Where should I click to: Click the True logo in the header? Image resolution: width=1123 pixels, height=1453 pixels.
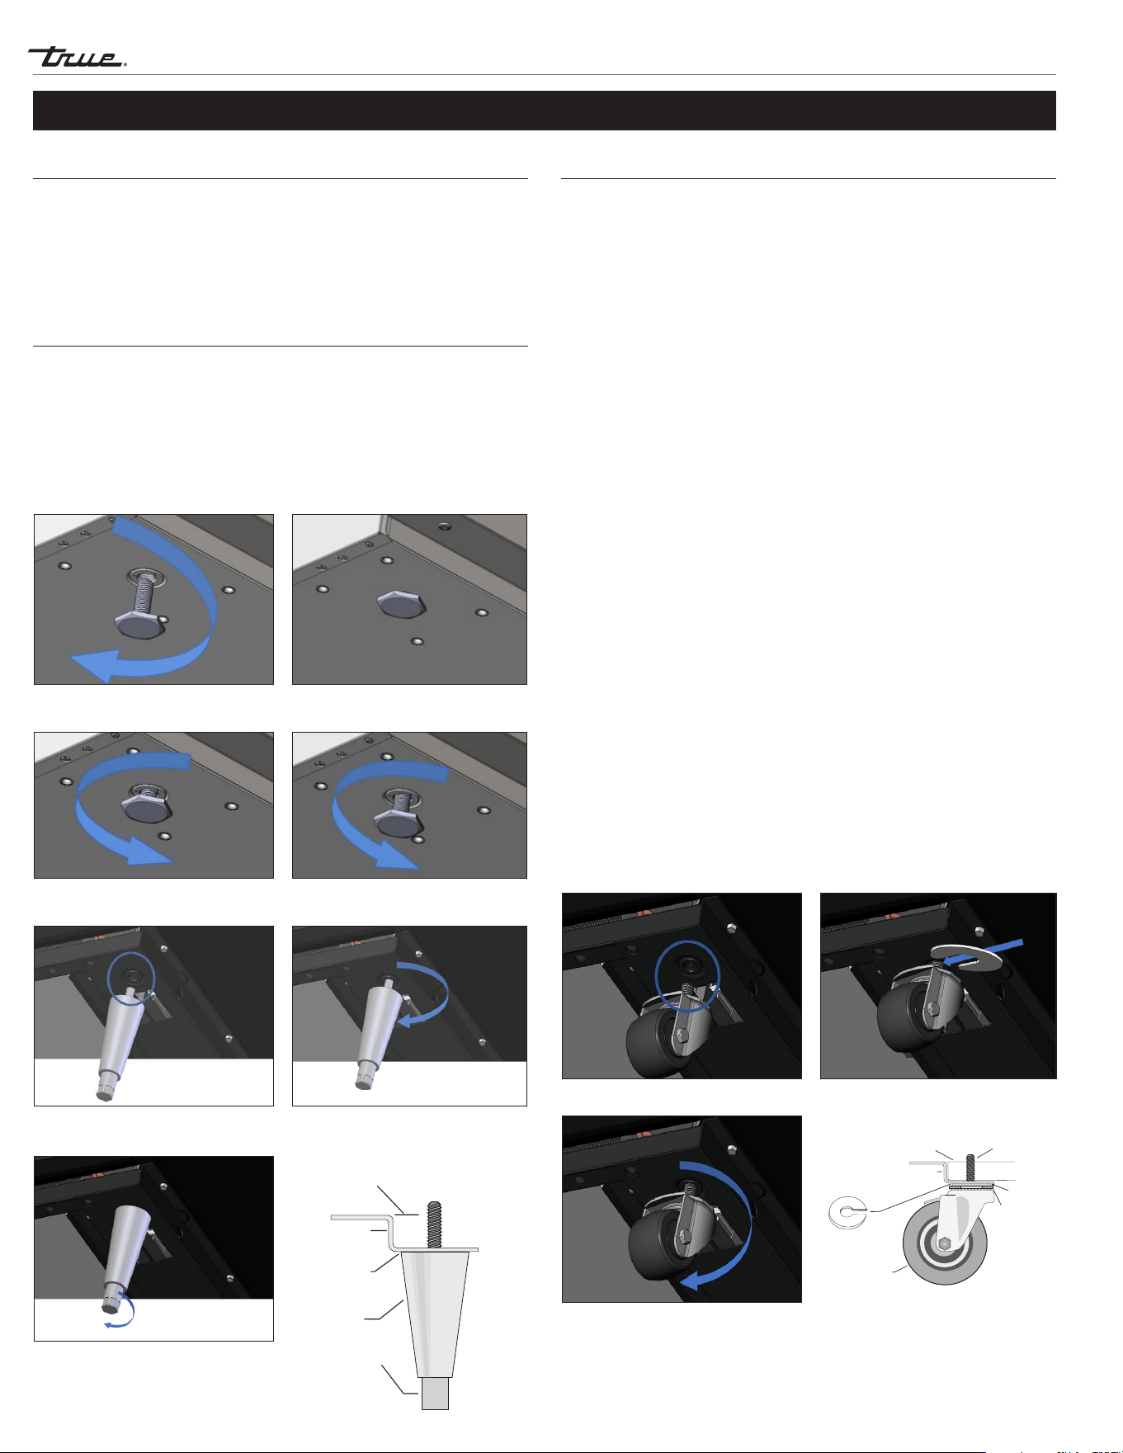point(77,57)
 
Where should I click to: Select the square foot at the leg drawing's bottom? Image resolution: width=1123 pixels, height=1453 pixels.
point(435,1393)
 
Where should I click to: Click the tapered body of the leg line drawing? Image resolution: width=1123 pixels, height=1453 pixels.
point(435,1313)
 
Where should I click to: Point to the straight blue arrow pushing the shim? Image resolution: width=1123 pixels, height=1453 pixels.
point(985,951)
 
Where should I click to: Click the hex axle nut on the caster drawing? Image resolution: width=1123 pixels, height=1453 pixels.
point(946,1243)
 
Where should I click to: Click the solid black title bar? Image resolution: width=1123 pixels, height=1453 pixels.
point(545,111)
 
